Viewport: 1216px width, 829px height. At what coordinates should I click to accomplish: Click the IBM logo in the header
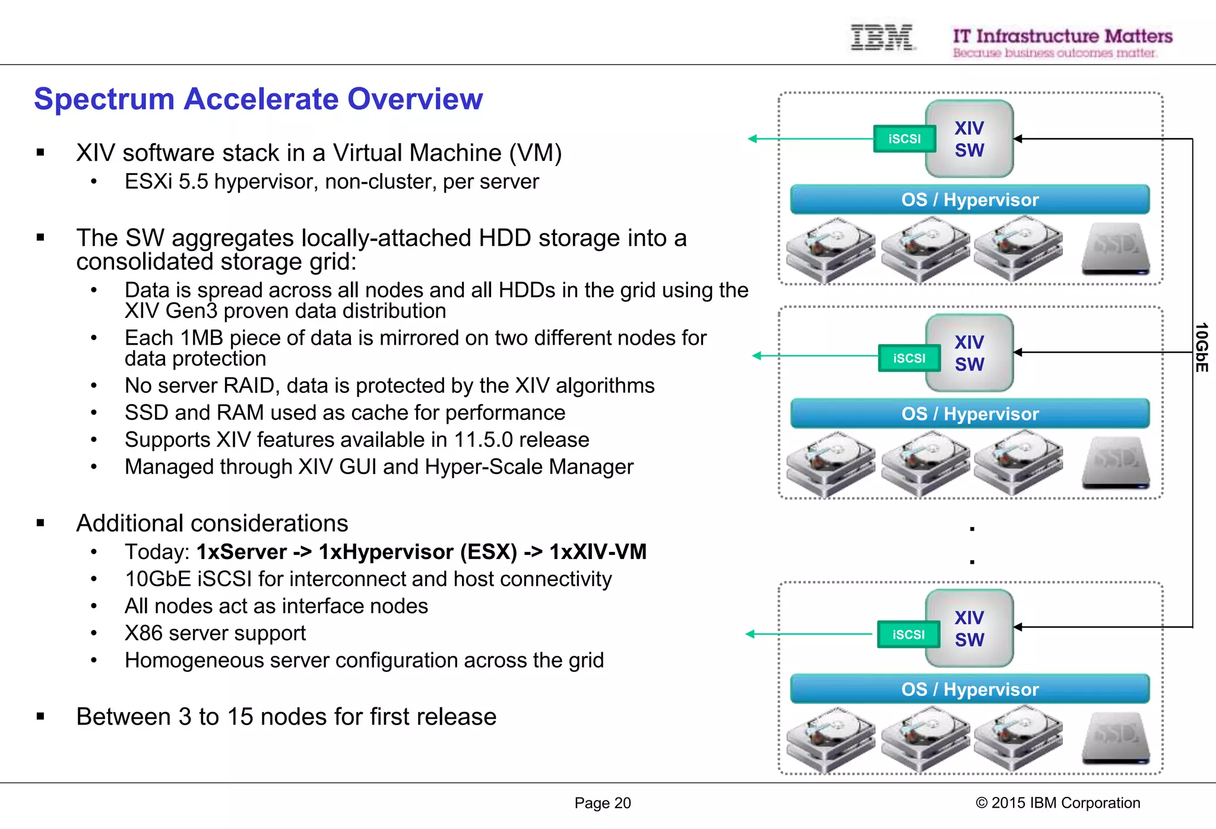click(882, 37)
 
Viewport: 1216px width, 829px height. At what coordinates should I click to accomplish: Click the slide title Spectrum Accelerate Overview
click(258, 99)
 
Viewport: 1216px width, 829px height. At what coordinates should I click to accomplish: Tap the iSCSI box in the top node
click(904, 139)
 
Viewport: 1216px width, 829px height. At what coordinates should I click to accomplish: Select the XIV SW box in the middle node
click(969, 353)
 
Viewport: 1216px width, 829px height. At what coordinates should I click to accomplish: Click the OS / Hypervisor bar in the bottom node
click(970, 689)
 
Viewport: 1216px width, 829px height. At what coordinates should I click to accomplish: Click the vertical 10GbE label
click(1201, 348)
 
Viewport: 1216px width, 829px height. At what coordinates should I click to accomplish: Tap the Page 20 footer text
click(602, 803)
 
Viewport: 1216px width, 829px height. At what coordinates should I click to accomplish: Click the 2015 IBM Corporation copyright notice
click(1057, 803)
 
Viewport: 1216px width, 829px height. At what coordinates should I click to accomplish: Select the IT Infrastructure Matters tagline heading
click(1062, 36)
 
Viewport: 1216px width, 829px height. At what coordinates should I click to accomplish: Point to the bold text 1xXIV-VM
click(597, 552)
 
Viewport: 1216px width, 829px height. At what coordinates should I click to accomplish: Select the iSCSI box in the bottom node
click(908, 634)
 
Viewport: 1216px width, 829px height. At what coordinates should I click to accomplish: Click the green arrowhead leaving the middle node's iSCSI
click(757, 356)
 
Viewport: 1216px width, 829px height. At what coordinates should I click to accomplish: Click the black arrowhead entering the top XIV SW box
click(1018, 139)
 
